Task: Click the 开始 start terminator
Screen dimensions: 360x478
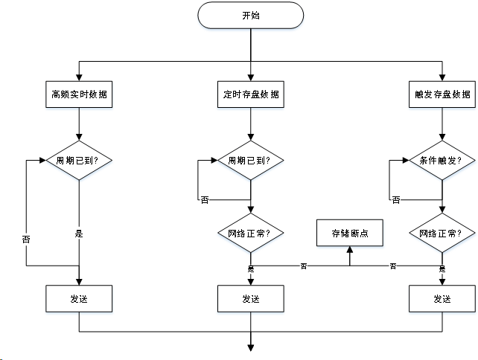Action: coord(251,15)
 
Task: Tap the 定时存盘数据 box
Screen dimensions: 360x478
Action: coord(251,94)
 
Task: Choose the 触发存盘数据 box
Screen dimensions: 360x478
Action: coord(442,94)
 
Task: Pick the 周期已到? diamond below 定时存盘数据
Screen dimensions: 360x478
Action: coord(251,160)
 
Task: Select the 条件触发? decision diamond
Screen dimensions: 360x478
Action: coord(442,160)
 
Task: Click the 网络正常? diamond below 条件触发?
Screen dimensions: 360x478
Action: coord(442,233)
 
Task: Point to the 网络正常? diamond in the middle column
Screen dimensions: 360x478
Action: coord(251,233)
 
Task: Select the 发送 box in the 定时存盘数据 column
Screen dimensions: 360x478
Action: coord(251,299)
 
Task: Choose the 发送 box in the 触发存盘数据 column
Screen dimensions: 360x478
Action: coord(442,299)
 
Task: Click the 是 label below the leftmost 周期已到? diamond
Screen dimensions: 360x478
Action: coord(79,234)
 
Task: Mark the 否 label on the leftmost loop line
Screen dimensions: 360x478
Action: coord(26,240)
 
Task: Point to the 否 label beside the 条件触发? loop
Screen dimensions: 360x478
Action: coord(395,200)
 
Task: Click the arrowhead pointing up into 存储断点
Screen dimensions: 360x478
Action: coord(350,251)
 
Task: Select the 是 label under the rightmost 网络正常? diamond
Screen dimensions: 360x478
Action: coord(442,269)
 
